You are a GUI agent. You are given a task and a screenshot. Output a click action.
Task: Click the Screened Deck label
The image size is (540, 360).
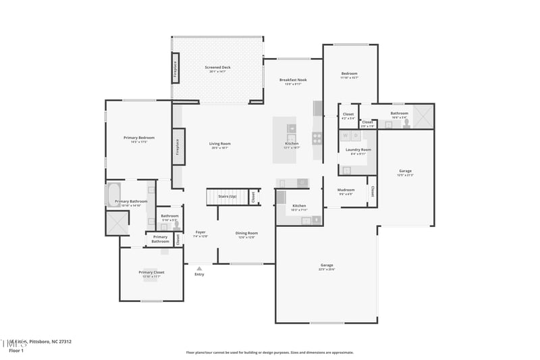coord(217,68)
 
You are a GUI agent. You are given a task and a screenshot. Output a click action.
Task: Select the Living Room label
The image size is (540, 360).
coord(219,143)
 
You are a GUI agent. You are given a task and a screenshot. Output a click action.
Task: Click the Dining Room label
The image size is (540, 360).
coord(247,233)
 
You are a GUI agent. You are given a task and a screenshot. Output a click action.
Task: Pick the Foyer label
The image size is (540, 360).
coord(200,232)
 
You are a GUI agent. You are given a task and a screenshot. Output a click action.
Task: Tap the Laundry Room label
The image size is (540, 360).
coord(358,149)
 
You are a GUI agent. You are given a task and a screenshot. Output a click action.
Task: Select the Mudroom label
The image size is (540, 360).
coord(346,190)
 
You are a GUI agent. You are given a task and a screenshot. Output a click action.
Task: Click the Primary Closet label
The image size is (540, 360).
coord(151,272)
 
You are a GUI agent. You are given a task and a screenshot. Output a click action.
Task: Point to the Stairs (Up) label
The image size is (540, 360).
coord(227,197)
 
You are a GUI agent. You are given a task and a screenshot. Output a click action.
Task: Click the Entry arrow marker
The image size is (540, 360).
coord(199,268)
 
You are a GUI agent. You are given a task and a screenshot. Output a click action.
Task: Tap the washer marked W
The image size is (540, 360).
coord(346,136)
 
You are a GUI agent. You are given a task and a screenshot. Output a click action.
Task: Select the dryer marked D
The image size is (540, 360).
coord(356,136)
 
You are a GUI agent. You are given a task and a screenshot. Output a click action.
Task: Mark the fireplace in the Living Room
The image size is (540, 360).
coord(178,147)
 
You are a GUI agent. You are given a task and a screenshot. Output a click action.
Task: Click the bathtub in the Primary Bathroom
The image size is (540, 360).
coord(112,195)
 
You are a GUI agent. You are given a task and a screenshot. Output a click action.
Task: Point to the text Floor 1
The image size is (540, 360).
coord(16,351)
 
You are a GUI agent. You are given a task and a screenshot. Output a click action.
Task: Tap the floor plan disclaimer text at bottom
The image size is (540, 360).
coord(269,352)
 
